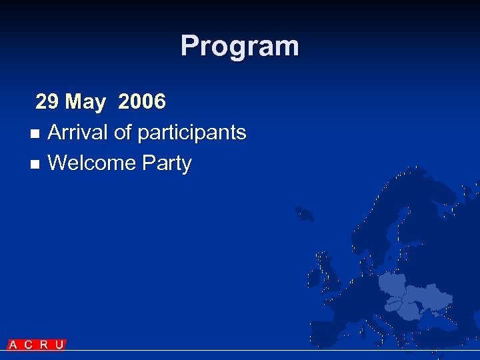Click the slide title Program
239,46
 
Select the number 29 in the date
47,102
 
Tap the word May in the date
85,102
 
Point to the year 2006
141,102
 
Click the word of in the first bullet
123,133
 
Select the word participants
192,133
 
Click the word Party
171,164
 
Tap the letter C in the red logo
28,345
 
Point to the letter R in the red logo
44,345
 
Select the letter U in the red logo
59,345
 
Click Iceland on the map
305,214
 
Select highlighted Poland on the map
392,283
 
